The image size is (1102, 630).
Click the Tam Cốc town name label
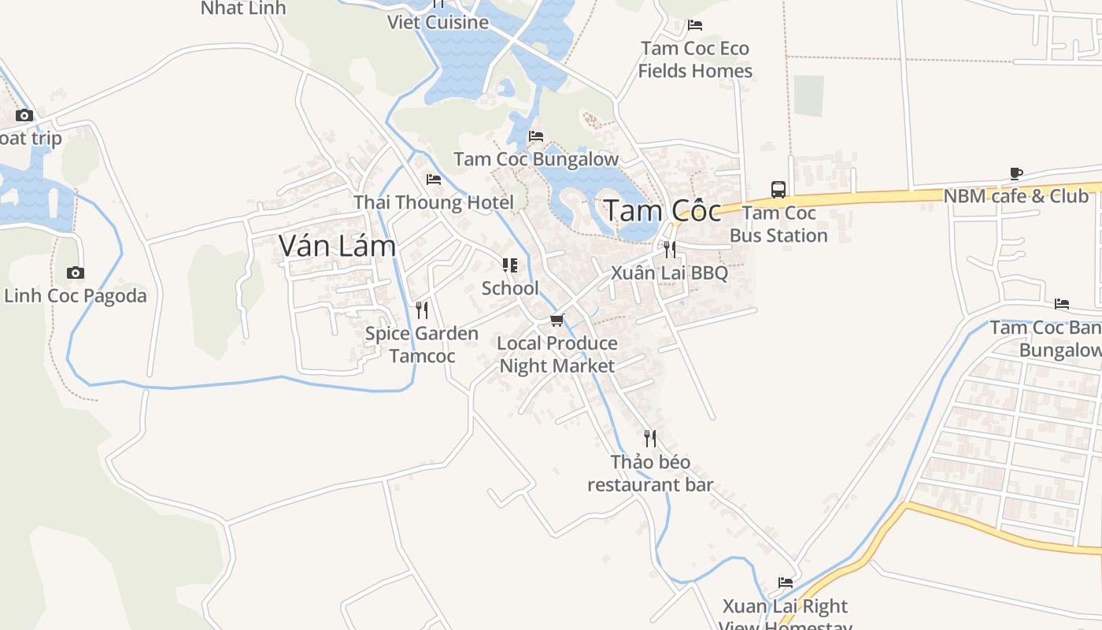(x=662, y=211)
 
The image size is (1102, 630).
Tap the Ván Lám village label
(x=337, y=246)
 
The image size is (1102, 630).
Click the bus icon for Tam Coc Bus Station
(x=778, y=190)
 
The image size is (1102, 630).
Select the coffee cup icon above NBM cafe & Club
(x=1016, y=173)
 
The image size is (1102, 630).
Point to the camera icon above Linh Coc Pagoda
(x=76, y=273)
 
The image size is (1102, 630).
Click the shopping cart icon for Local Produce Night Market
(x=557, y=320)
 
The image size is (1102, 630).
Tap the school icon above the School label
(x=510, y=265)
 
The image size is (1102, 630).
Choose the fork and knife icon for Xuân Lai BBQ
(x=669, y=250)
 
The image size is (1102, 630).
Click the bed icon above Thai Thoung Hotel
(x=434, y=180)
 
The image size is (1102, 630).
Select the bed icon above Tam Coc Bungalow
(x=536, y=136)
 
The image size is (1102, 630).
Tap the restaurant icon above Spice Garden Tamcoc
(x=422, y=310)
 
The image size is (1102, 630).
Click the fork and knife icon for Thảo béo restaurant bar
(x=650, y=439)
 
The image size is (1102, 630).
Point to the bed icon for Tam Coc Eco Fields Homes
(x=694, y=25)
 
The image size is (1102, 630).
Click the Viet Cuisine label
(x=438, y=22)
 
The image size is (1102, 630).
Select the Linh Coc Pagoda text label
(x=76, y=296)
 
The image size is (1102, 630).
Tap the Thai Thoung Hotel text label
(x=434, y=202)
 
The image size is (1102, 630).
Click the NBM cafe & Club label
(x=1016, y=196)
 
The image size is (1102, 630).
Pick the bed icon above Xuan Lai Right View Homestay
(x=786, y=583)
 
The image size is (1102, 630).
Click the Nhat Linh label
(x=243, y=9)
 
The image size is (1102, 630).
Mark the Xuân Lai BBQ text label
(x=670, y=273)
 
